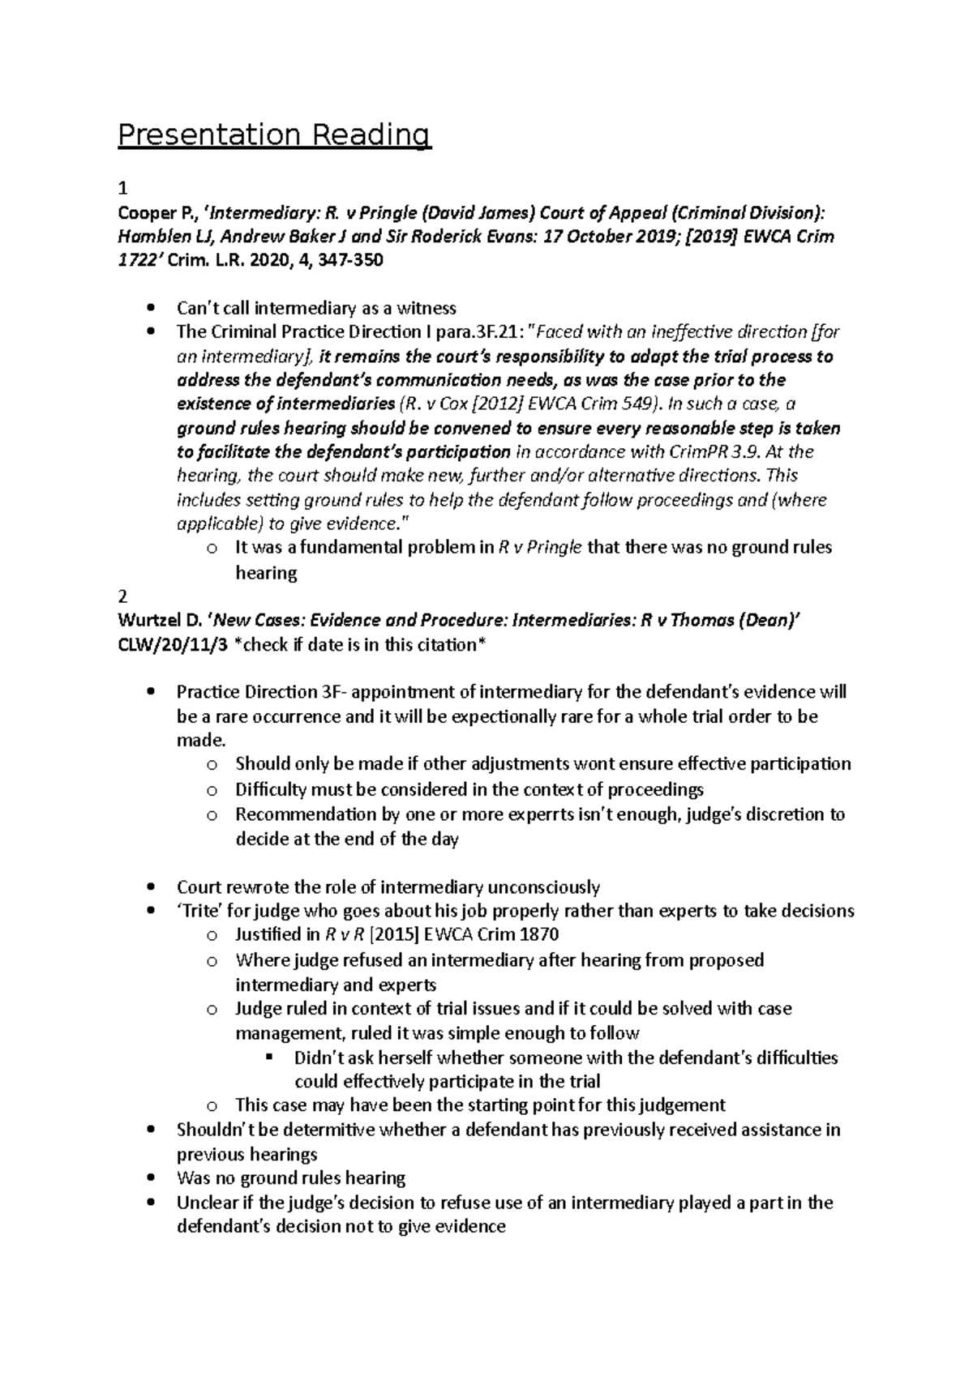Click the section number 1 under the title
[x=122, y=189]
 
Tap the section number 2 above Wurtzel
[x=122, y=596]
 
